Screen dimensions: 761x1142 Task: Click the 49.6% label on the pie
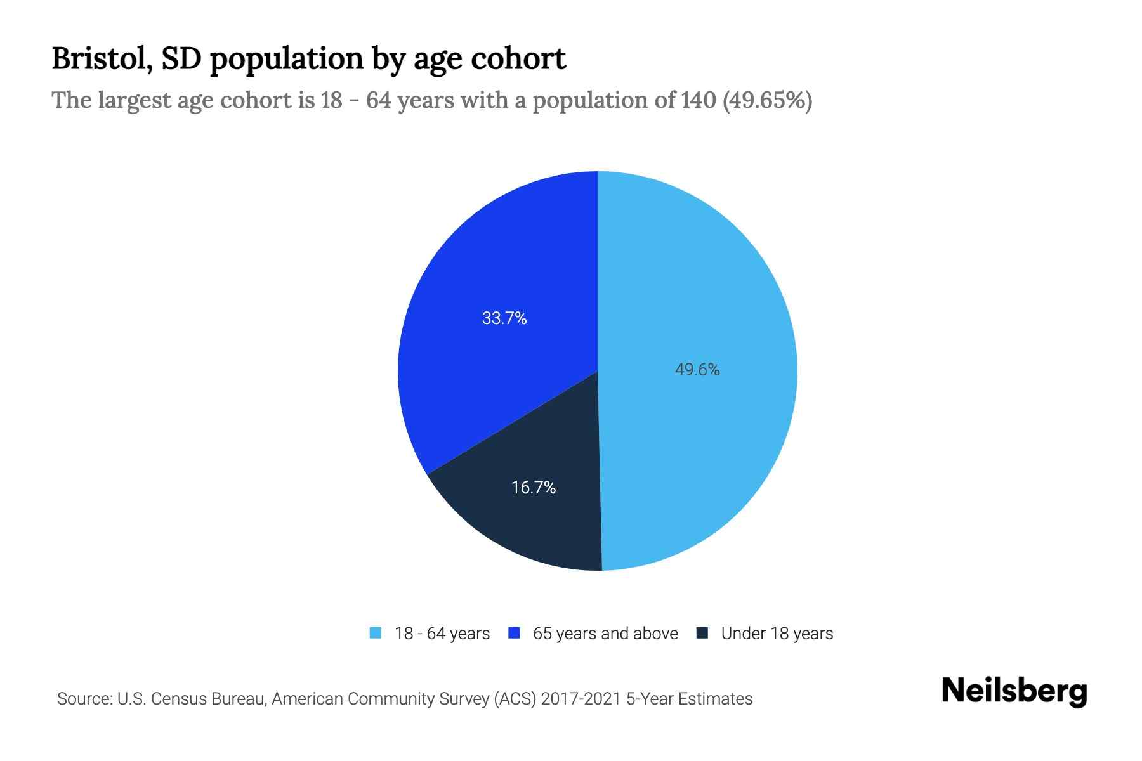(x=697, y=370)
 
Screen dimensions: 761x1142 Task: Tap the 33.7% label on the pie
(x=504, y=318)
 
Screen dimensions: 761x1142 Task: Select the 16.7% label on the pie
(x=533, y=488)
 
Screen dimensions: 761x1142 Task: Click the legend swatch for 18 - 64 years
(x=376, y=633)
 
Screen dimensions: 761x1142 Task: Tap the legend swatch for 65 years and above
(x=515, y=633)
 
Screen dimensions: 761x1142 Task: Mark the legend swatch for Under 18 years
(x=702, y=633)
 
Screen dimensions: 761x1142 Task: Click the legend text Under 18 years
(x=777, y=634)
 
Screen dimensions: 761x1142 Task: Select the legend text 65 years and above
(x=605, y=634)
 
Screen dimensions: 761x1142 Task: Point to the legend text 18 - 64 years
(x=442, y=634)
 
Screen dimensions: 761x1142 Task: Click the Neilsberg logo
(x=1014, y=691)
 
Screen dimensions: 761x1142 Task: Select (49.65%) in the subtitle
(x=767, y=100)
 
